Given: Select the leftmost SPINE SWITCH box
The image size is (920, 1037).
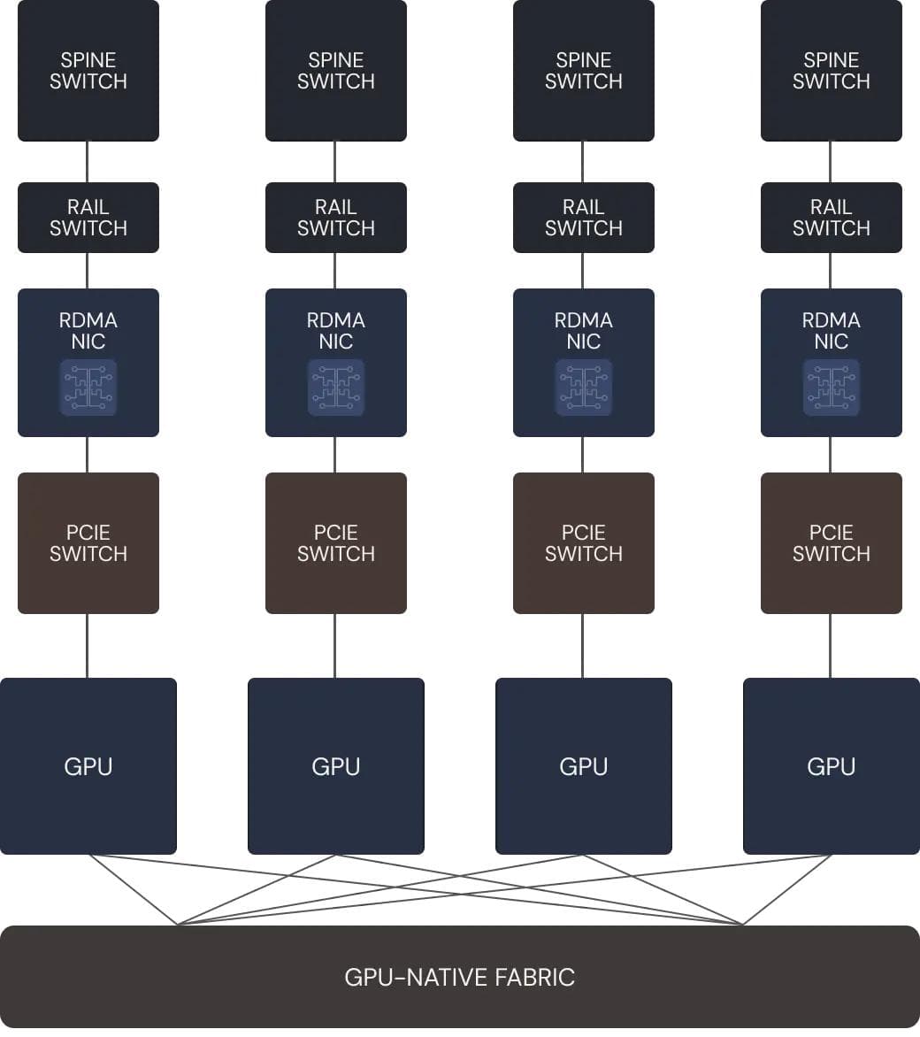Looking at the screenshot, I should pos(88,71).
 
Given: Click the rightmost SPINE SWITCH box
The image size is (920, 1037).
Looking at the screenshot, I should pos(832,71).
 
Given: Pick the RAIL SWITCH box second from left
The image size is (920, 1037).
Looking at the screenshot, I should pos(336,218).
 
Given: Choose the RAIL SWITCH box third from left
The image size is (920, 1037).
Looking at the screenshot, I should pos(584,218).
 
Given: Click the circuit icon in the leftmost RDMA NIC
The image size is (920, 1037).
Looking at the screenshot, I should pos(88,388).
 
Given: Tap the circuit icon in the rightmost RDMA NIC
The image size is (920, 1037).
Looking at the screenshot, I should pos(832,388).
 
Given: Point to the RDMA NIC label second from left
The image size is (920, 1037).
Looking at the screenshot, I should pos(336,331).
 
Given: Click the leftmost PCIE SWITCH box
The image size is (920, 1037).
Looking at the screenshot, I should pos(88,543).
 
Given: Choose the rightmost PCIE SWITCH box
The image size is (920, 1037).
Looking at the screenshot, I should pos(832,543).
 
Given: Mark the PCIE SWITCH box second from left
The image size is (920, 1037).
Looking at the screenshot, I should pos(336,543).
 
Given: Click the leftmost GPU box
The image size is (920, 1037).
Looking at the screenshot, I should pos(88,766).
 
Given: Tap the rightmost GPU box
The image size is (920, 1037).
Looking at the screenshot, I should pos(832,766).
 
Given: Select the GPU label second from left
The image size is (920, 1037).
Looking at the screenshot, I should pos(336,766).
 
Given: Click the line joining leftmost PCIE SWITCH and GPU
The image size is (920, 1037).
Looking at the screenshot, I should pos(87,646).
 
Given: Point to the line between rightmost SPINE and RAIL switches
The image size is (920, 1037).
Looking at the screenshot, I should pos(830,162).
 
